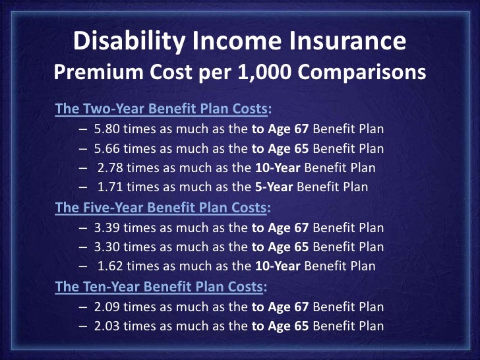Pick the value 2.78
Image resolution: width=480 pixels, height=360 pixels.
tap(112, 168)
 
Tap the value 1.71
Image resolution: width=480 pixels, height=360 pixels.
tap(112, 188)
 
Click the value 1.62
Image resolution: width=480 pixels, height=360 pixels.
tap(112, 267)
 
